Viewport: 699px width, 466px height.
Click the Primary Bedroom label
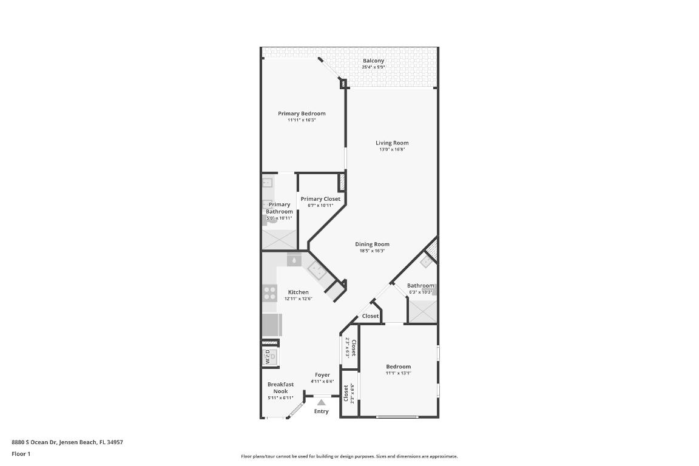coord(302,113)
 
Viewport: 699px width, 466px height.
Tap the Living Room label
coord(392,143)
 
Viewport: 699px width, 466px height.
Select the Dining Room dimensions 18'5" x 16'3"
coord(372,251)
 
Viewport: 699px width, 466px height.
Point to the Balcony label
coord(373,61)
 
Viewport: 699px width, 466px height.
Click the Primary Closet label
coord(320,199)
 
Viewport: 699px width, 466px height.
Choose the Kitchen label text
coord(298,292)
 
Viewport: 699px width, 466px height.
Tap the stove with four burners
coord(269,294)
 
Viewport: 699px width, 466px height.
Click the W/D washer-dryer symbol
coord(269,356)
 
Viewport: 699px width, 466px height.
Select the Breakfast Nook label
coord(280,388)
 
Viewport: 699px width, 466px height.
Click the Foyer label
coord(322,375)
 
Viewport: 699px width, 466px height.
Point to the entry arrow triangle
coord(321,402)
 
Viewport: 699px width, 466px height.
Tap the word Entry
coord(321,411)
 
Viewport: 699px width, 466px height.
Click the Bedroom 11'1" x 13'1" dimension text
coord(398,373)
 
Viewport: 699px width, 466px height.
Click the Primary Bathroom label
coord(279,208)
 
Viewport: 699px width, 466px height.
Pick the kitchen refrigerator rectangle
coord(271,325)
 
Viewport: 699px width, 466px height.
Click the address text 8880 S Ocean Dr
coord(67,442)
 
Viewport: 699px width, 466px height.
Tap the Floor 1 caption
coord(21,454)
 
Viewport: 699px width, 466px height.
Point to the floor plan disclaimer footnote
coord(349,456)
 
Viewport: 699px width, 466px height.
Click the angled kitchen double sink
coord(317,271)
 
